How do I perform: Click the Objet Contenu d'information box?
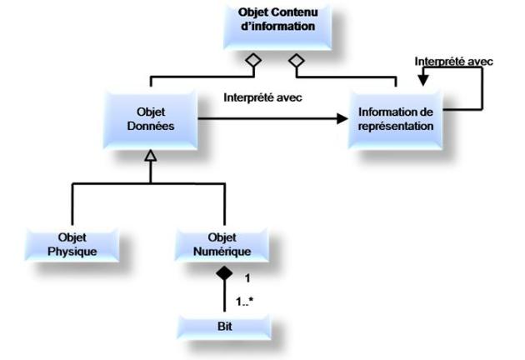[x=277, y=25]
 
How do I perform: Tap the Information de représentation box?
[x=395, y=119]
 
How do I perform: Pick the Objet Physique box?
[x=72, y=242]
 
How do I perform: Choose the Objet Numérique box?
[x=223, y=242]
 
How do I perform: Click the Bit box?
[x=222, y=326]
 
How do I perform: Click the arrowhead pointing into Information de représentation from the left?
[x=342, y=119]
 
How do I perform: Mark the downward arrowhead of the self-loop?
[x=422, y=81]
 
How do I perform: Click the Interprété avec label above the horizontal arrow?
[x=262, y=97]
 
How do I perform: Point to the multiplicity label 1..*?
[x=244, y=301]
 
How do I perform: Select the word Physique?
[x=72, y=249]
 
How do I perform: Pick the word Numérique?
[x=222, y=249]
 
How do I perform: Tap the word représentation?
[x=395, y=127]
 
